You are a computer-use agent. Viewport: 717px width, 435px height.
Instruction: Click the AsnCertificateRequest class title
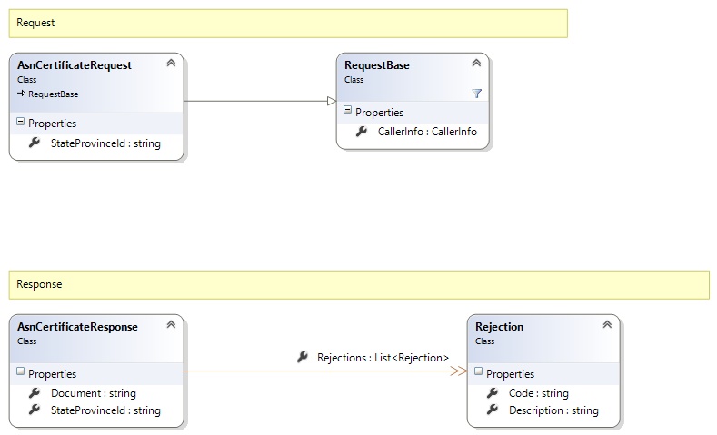[x=75, y=65]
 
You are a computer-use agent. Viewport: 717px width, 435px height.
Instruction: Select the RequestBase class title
[x=377, y=65]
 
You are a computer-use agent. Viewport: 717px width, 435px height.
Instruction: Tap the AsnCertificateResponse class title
[x=77, y=327]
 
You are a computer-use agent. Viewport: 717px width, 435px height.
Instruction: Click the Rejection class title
[x=499, y=327]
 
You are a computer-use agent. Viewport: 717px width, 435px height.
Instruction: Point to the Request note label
[x=35, y=23]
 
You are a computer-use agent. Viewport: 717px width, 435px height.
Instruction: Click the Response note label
[x=39, y=284]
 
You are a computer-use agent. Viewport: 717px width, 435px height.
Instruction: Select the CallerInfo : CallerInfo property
[x=427, y=132]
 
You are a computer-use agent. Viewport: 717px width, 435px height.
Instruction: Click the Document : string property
[x=94, y=393]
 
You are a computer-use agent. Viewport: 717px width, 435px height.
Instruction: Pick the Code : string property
[x=538, y=393]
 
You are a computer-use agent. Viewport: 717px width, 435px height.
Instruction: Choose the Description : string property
[x=553, y=410]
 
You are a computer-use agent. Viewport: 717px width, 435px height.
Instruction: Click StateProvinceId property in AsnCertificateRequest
[x=105, y=143]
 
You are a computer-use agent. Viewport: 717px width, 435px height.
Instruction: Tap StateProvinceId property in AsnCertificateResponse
[x=105, y=410]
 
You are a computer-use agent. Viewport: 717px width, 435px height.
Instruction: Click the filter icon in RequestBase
[x=476, y=94]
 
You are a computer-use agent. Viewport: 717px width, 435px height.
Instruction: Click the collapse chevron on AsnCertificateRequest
[x=171, y=63]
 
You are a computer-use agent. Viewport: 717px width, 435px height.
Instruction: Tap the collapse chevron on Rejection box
[x=607, y=324]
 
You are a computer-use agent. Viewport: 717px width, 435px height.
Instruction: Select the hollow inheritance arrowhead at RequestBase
[x=332, y=101]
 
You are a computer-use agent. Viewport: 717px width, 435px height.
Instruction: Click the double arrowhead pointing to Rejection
[x=459, y=371]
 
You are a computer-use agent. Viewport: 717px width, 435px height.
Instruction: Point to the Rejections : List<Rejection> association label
[x=383, y=357]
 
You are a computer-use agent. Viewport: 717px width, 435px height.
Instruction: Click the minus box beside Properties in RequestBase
[x=347, y=110]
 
